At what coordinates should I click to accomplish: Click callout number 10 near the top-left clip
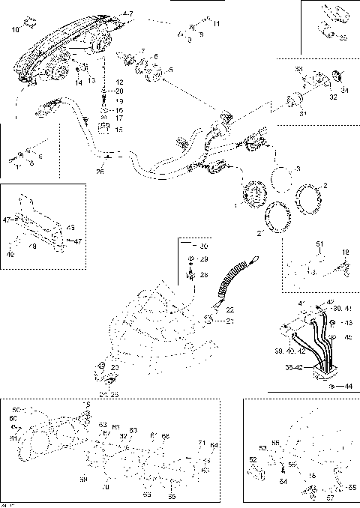16,29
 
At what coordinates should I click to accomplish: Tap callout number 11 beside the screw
216,25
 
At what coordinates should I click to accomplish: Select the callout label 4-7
127,14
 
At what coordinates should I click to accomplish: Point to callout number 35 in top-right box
343,37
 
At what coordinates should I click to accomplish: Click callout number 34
345,91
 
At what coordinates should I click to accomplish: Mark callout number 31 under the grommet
303,113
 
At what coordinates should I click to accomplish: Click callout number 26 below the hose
100,171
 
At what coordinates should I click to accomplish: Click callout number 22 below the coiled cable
230,309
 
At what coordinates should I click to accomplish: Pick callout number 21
230,321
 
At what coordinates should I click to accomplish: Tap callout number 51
318,244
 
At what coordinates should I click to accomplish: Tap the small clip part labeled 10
29,20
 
